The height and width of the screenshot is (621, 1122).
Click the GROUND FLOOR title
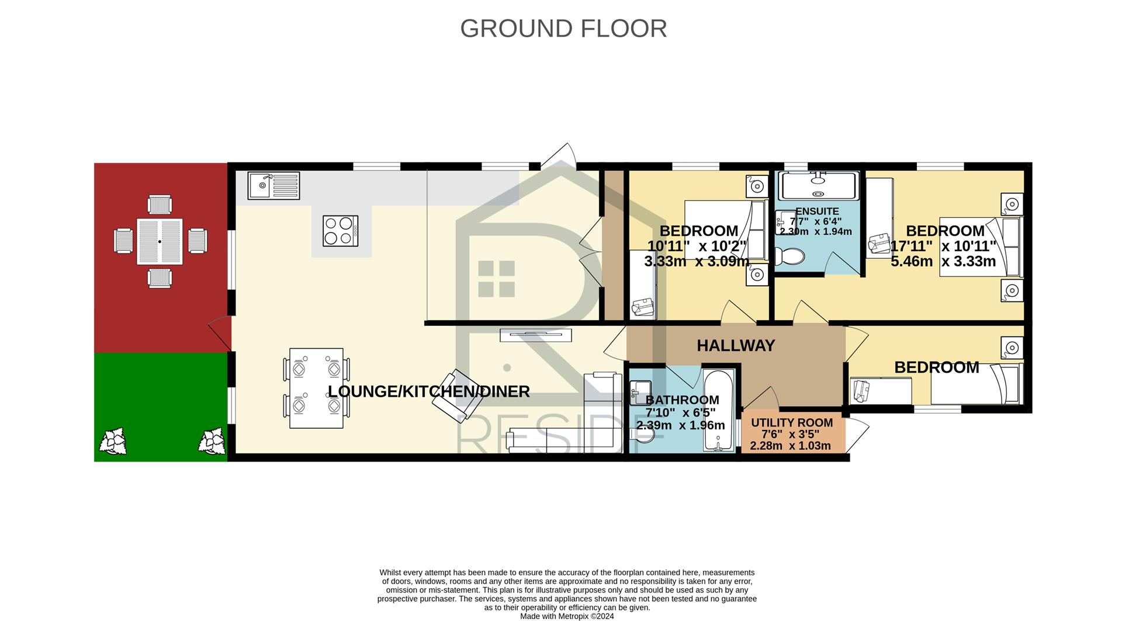[563, 28]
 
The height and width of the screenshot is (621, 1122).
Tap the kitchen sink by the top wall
[273, 186]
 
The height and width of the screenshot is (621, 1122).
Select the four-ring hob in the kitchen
[341, 231]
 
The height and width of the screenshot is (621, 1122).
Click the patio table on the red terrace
[160, 242]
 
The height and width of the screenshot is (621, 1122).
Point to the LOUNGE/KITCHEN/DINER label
[429, 391]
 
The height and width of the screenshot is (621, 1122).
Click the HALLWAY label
[736, 346]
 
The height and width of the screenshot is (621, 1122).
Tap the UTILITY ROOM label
[792, 423]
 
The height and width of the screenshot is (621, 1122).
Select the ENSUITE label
[817, 211]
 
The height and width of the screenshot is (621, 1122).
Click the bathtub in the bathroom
[719, 410]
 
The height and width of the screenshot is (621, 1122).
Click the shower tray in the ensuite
[819, 186]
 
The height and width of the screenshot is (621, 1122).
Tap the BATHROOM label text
[682, 400]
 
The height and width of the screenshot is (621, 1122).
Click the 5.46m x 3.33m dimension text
[943, 261]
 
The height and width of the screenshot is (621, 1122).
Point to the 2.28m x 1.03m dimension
[790, 446]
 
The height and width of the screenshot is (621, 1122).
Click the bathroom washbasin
[641, 390]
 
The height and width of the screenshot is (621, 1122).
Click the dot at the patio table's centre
[160, 242]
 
